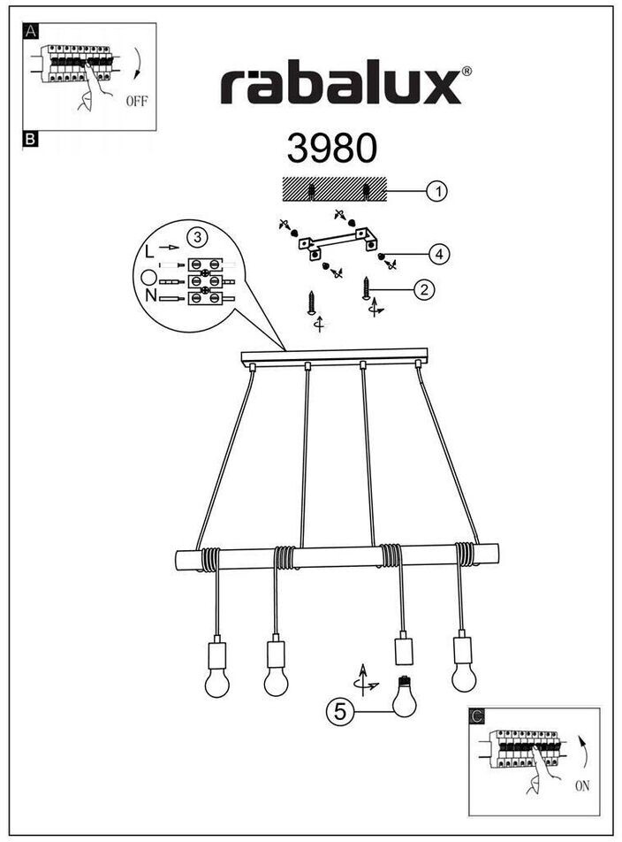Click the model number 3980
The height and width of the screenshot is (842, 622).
[331, 149]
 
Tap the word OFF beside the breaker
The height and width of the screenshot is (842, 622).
[136, 101]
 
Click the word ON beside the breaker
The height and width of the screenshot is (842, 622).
[580, 785]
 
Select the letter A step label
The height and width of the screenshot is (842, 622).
[31, 31]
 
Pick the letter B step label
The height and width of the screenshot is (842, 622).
[30, 139]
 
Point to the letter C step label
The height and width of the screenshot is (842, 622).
[477, 715]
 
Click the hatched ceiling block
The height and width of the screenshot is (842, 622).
[334, 189]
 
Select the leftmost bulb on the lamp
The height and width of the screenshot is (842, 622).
[216, 680]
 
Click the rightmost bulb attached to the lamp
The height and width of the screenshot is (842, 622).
[463, 674]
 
